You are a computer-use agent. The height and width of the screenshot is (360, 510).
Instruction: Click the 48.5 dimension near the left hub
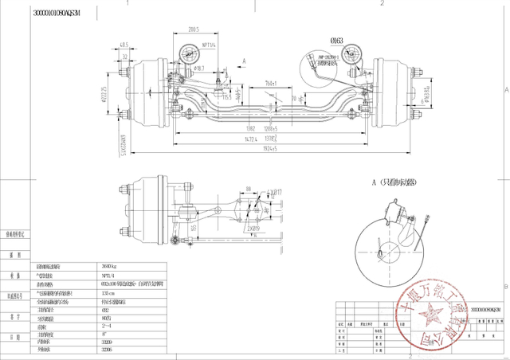[x=124, y=45]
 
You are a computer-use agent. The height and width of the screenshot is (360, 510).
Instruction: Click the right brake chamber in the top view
[x=312, y=63]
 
